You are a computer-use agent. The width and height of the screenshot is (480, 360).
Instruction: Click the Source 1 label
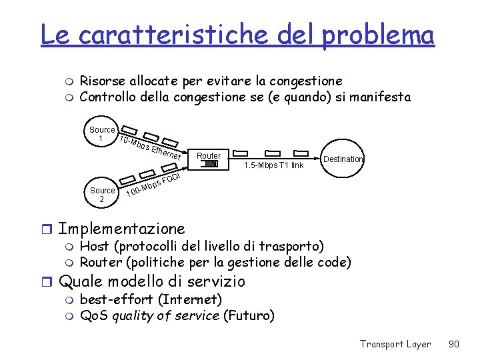click(102, 134)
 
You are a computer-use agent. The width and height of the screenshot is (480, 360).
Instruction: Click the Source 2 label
click(102, 195)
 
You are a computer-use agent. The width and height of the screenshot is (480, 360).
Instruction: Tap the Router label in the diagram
click(209, 155)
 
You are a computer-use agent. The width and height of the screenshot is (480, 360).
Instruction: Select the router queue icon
click(209, 165)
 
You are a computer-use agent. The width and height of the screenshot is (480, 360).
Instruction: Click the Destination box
click(343, 159)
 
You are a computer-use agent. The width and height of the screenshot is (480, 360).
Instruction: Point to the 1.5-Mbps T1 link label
click(273, 165)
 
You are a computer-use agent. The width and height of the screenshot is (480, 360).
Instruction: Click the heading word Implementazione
click(121, 229)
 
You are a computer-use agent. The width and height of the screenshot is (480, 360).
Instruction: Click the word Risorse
click(101, 81)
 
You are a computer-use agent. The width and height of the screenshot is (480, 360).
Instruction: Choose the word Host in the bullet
click(93, 246)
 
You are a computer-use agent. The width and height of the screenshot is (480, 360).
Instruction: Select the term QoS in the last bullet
click(94, 315)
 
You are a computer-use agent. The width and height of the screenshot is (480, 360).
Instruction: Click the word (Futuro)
click(249, 315)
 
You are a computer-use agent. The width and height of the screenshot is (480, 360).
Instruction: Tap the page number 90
click(454, 344)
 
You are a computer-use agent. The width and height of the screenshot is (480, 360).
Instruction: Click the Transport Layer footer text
click(395, 344)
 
